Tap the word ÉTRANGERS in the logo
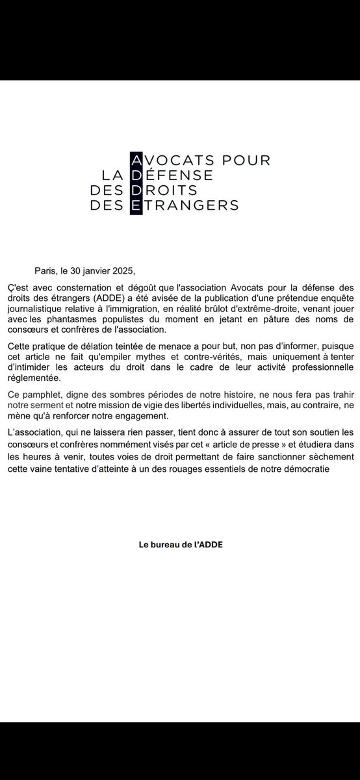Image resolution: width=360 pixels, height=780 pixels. click(x=191, y=205)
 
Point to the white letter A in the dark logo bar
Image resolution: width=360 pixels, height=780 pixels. click(x=136, y=160)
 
